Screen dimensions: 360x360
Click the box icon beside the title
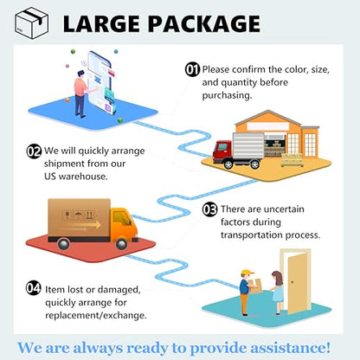pyautogui.click(x=31, y=23)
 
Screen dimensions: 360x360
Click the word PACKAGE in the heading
pyautogui.click(x=204, y=23)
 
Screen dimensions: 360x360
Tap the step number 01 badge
pyautogui.click(x=192, y=70)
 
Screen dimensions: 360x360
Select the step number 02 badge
pyautogui.click(x=34, y=151)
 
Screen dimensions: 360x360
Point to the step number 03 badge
pyautogui.click(x=209, y=209)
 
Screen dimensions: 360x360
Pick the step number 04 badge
pyautogui.click(x=34, y=288)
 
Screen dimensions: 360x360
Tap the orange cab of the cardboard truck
pyautogui.click(x=124, y=224)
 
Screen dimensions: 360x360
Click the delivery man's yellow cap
pyautogui.click(x=247, y=273)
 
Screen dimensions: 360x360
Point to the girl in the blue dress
pyautogui.click(x=278, y=292)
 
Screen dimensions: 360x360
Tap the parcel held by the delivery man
pyautogui.click(x=255, y=286)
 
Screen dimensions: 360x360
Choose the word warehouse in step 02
pyautogui.click(x=83, y=177)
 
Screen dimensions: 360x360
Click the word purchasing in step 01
pyautogui.click(x=227, y=95)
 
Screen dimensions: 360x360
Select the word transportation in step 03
pyautogui.click(x=252, y=235)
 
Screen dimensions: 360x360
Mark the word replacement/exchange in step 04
pyautogui.click(x=96, y=316)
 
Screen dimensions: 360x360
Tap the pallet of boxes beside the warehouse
pyautogui.click(x=292, y=160)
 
